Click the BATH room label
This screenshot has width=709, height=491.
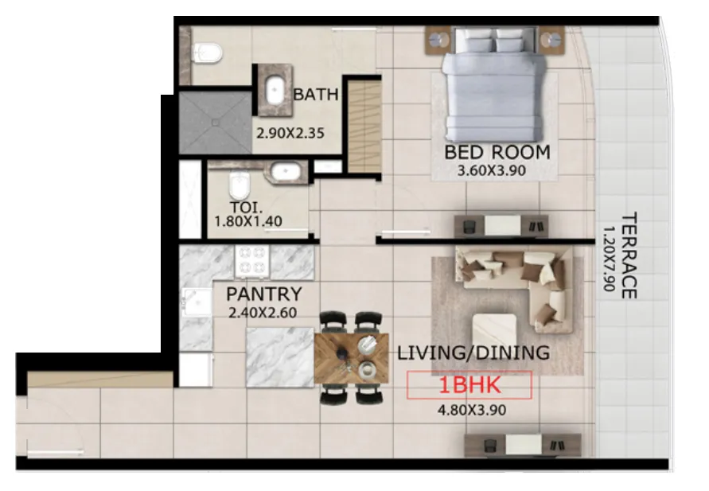[x=316, y=95]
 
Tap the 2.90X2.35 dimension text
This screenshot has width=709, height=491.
[x=290, y=134]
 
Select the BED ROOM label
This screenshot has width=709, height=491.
[x=497, y=152]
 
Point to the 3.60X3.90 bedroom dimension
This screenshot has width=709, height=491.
[x=492, y=171]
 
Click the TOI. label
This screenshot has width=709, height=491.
[x=247, y=208]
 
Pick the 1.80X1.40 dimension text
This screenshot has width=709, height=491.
[x=248, y=221]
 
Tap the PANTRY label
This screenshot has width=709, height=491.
[x=264, y=294]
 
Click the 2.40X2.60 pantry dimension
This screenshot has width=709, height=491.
[x=263, y=313]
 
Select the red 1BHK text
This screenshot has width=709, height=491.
[x=470, y=385]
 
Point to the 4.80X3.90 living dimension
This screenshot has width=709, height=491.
[x=472, y=410]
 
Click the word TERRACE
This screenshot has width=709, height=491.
[x=629, y=255]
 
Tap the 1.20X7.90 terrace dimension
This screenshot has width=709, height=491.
[x=610, y=259]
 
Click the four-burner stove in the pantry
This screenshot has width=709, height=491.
[x=252, y=261]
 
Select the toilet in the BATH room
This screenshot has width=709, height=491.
[x=207, y=53]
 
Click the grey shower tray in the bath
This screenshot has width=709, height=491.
[x=215, y=123]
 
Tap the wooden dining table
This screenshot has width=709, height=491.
[x=352, y=359]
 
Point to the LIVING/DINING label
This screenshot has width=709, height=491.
[x=473, y=353]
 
